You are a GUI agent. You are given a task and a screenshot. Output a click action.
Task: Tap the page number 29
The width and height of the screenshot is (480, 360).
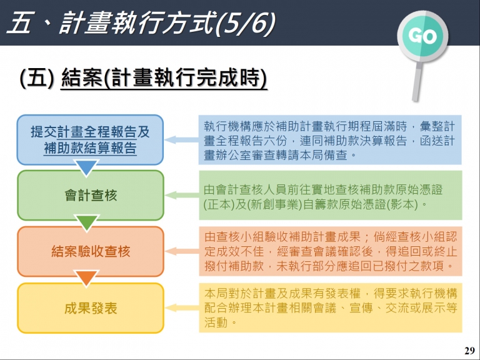tap(469, 351)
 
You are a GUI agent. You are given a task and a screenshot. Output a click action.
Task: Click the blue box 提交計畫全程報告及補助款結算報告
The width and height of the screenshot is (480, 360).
tap(90, 140)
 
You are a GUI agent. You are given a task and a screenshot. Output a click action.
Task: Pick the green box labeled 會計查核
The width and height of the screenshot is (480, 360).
tap(91, 195)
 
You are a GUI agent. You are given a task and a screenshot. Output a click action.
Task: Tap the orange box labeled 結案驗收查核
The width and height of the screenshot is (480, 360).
tap(91, 251)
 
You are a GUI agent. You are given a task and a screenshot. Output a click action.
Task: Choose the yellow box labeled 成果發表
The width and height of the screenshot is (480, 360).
tap(91, 308)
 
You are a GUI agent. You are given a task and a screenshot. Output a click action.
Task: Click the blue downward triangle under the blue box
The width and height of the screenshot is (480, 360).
tap(87, 167)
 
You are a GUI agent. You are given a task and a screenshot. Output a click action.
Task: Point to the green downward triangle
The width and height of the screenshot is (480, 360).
tap(87, 222)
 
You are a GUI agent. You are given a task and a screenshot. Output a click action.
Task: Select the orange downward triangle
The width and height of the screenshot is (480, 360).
tap(87, 278)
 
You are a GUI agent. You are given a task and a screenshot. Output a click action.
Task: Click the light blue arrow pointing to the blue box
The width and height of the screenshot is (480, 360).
tap(181, 140)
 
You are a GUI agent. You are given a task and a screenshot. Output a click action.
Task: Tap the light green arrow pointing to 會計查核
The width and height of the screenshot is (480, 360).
tap(182, 195)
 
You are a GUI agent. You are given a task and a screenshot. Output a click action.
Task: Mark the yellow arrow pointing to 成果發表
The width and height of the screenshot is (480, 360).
tap(182, 307)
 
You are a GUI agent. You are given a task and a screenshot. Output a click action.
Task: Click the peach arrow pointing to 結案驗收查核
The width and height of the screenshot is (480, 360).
tap(182, 251)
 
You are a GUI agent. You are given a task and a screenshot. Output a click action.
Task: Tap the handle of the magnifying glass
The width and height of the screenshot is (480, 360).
tap(417, 81)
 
